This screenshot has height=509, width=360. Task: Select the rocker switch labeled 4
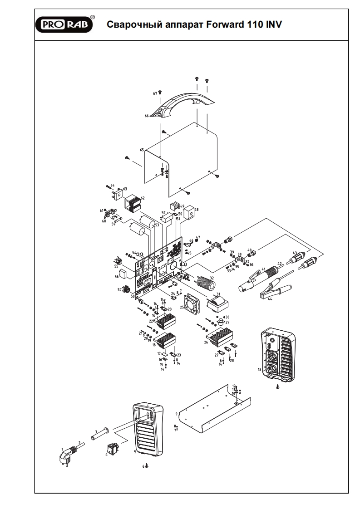113,449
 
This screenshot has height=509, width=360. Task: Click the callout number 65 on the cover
142,149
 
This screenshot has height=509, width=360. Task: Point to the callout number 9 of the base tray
175,414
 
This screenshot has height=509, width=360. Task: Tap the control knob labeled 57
125,289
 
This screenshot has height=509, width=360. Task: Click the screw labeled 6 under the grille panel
147,466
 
